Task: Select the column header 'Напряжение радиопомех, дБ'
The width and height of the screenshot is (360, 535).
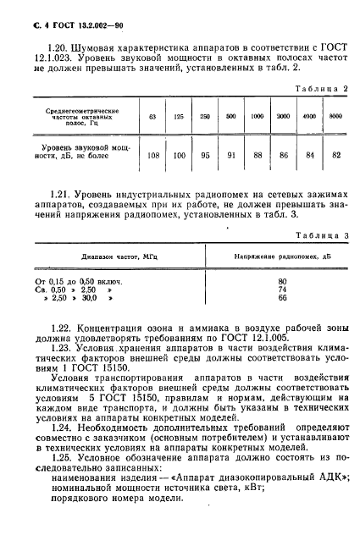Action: (259, 279)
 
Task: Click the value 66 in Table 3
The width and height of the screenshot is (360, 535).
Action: (259, 322)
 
